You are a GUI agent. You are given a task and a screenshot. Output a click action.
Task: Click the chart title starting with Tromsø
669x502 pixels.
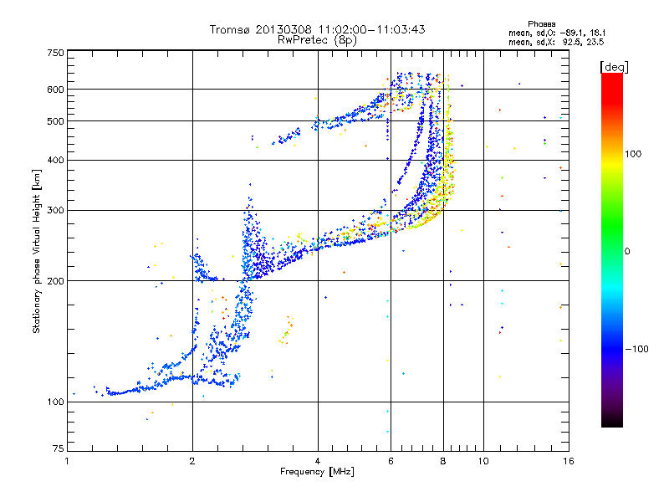pyautogui.click(x=317, y=29)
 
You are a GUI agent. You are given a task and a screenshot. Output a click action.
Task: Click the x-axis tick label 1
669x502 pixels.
pyautogui.click(x=67, y=461)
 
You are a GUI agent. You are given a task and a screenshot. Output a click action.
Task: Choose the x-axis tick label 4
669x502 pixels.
pyautogui.click(x=318, y=461)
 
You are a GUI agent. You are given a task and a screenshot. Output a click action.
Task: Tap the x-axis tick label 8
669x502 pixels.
pyautogui.click(x=443, y=461)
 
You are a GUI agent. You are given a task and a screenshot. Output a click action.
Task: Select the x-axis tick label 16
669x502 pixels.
pyautogui.click(x=567, y=461)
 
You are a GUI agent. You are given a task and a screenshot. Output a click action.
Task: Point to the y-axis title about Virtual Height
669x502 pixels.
pyautogui.click(x=37, y=251)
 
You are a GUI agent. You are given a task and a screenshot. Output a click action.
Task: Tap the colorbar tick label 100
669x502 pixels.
pyautogui.click(x=638, y=154)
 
